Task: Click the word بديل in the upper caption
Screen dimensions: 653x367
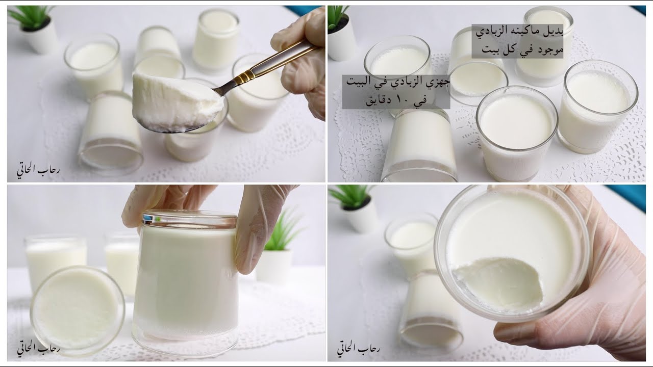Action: pos(552,32)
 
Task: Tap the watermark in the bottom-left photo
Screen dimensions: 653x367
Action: pos(38,349)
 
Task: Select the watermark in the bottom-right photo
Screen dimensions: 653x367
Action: pos(359,349)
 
